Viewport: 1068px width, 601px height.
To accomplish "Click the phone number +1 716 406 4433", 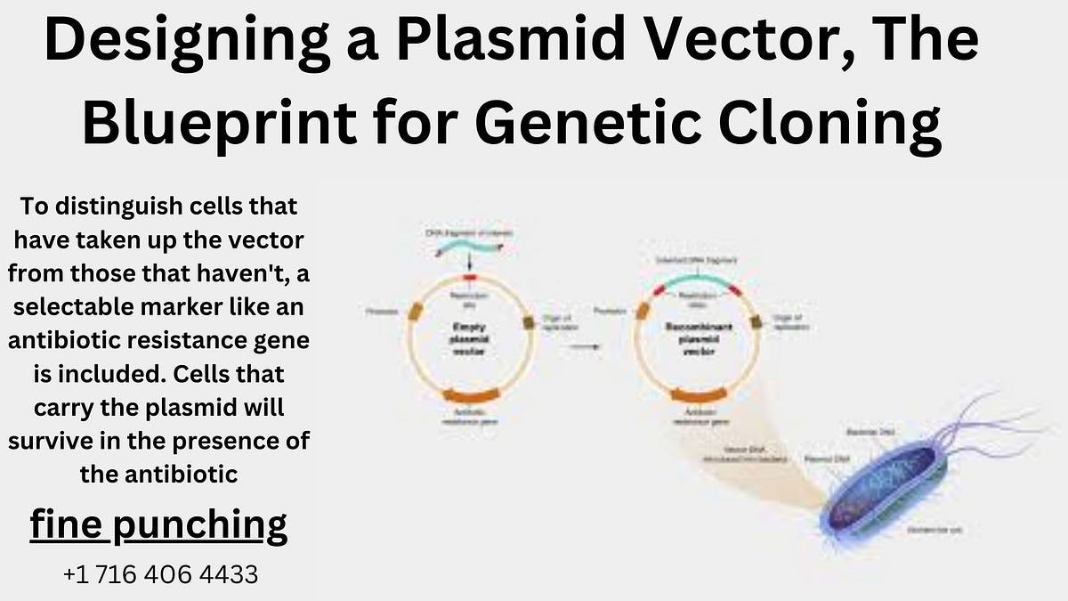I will (x=160, y=574).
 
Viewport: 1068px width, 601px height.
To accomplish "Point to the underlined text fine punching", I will (x=158, y=524).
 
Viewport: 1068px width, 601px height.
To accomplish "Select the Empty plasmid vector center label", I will (x=469, y=340).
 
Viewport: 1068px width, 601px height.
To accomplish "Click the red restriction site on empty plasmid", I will (x=469, y=279).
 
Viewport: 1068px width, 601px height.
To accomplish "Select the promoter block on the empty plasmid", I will (x=415, y=312).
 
